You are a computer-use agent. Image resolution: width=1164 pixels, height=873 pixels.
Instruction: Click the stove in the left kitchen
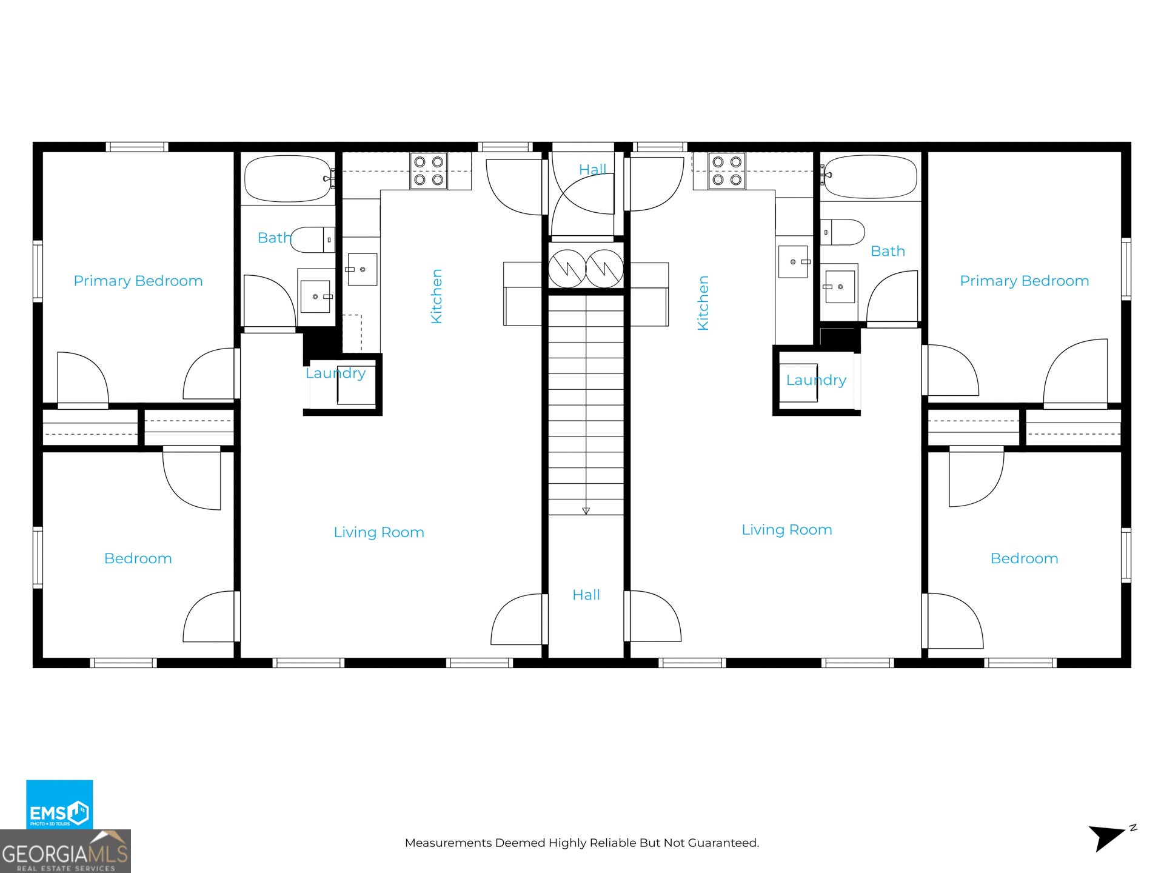(x=429, y=171)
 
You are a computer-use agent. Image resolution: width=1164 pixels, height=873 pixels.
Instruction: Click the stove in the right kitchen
(x=727, y=171)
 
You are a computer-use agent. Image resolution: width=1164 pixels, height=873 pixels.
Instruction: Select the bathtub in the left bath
(x=289, y=179)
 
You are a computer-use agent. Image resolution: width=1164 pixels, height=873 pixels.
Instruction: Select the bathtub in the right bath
(x=871, y=177)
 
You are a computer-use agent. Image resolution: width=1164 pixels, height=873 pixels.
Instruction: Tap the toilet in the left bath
(x=313, y=240)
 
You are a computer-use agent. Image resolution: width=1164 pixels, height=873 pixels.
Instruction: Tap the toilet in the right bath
(x=843, y=232)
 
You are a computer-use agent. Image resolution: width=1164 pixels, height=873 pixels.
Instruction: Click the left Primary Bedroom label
(x=138, y=281)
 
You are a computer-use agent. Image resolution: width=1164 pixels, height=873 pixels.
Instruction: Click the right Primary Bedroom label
(x=1025, y=281)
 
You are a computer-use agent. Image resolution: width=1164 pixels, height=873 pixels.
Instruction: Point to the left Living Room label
(x=379, y=532)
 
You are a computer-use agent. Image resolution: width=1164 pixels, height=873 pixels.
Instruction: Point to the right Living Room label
(x=787, y=530)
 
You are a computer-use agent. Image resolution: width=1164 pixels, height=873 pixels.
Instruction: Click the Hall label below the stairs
(x=586, y=595)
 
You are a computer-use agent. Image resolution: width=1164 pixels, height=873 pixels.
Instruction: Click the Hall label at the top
(x=592, y=169)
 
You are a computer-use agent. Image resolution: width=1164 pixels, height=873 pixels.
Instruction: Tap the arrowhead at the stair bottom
(x=586, y=511)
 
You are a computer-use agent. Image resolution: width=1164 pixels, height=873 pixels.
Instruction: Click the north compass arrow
(x=1107, y=838)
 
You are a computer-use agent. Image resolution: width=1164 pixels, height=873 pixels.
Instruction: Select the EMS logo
(x=59, y=804)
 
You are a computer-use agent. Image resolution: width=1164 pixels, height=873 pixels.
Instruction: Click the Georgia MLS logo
(x=65, y=851)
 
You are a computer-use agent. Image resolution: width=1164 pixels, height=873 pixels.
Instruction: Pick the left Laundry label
(x=335, y=373)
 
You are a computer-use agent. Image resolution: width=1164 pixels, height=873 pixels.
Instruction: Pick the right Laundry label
(x=816, y=380)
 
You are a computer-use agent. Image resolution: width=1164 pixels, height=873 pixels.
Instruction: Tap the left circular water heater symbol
(x=567, y=269)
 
